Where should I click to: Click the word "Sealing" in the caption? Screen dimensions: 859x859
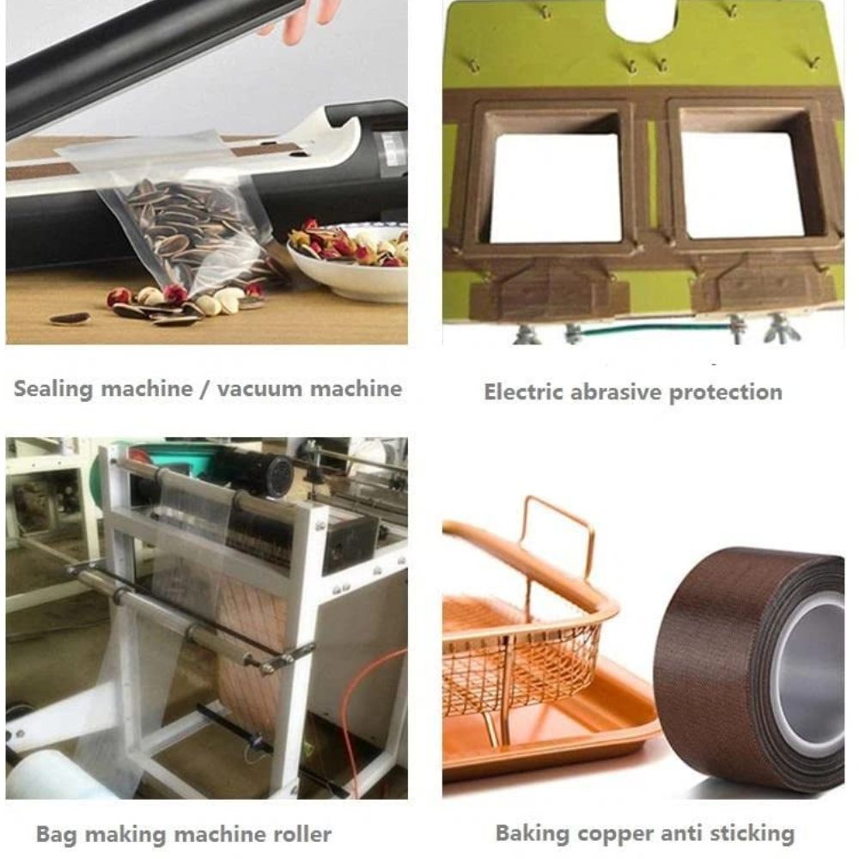pos(53,389)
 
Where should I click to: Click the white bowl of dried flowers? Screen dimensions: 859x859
pos(349,259)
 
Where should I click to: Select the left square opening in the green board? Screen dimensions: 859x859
pos(555,187)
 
